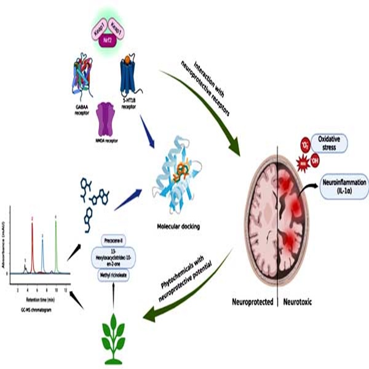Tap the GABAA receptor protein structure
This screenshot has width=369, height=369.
pos(85,77)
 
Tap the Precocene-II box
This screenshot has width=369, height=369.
pos(116,239)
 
